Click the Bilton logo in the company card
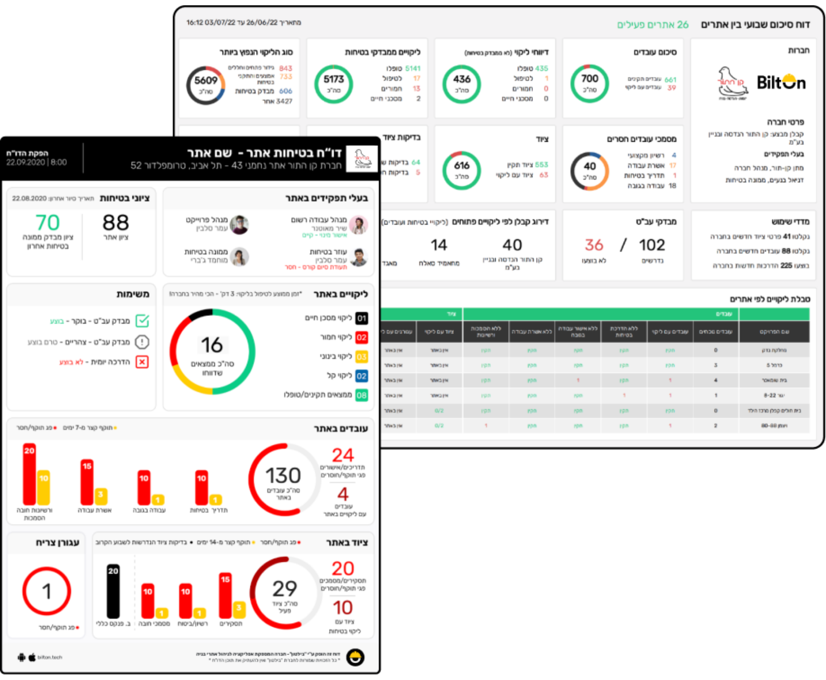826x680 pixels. pos(781,82)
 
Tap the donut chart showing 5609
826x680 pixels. pos(206,85)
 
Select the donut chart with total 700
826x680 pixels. pos(589,84)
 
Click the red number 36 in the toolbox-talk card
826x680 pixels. pos(594,245)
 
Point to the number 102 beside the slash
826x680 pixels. pos(651,245)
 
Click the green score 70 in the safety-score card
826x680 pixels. pos(48,222)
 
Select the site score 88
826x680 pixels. pos(115,222)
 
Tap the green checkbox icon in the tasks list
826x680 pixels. pos(142,320)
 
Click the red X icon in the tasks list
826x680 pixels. pos(142,362)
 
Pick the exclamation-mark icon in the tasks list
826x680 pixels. pos(142,342)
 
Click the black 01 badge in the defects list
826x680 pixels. pos(361,318)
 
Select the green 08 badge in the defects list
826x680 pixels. pos(361,395)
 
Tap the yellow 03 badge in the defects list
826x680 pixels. pos(361,356)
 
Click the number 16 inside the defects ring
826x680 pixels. pos(212,345)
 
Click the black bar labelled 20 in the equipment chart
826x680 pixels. pos(113,591)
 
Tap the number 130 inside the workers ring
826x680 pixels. pos(283,476)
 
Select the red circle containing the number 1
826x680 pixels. pos(47,591)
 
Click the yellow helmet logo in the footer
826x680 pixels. pos(355,657)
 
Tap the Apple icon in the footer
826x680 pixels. pos(32,657)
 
